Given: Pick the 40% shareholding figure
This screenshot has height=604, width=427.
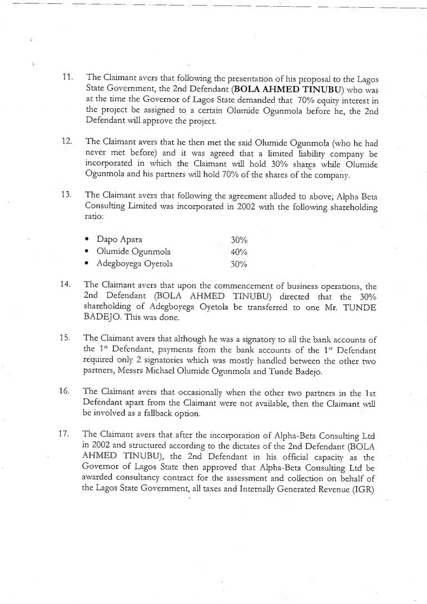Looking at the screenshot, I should click(239, 252).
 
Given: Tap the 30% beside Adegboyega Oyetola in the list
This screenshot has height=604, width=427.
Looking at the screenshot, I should click(239, 264).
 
